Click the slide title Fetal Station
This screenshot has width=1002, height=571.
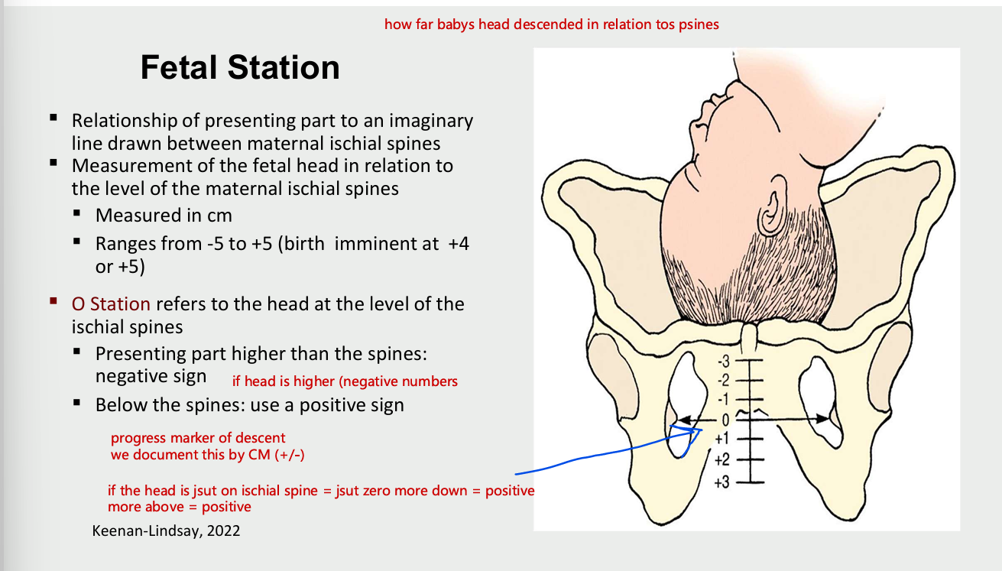pyautogui.click(x=240, y=68)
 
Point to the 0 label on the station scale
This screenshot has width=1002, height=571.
pyautogui.click(x=725, y=419)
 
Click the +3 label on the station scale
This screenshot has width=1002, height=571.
pyautogui.click(x=722, y=482)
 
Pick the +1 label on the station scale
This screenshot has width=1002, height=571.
pyautogui.click(x=722, y=440)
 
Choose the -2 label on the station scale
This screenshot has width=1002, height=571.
pyautogui.click(x=723, y=380)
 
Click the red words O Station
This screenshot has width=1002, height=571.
pyautogui.click(x=111, y=303)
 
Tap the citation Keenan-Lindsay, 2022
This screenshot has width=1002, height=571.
pyautogui.click(x=166, y=530)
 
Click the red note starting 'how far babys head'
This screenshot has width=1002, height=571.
pyautogui.click(x=551, y=24)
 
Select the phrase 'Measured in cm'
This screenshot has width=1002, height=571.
pyautogui.click(x=164, y=215)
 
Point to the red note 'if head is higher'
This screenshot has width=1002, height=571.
pyautogui.click(x=345, y=381)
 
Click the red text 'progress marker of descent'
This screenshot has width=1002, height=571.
pyautogui.click(x=198, y=438)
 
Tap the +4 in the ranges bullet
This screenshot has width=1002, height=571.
pyautogui.click(x=457, y=245)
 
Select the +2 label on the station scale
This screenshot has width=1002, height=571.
pyautogui.click(x=722, y=460)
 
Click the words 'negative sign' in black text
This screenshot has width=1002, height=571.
pyautogui.click(x=151, y=376)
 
